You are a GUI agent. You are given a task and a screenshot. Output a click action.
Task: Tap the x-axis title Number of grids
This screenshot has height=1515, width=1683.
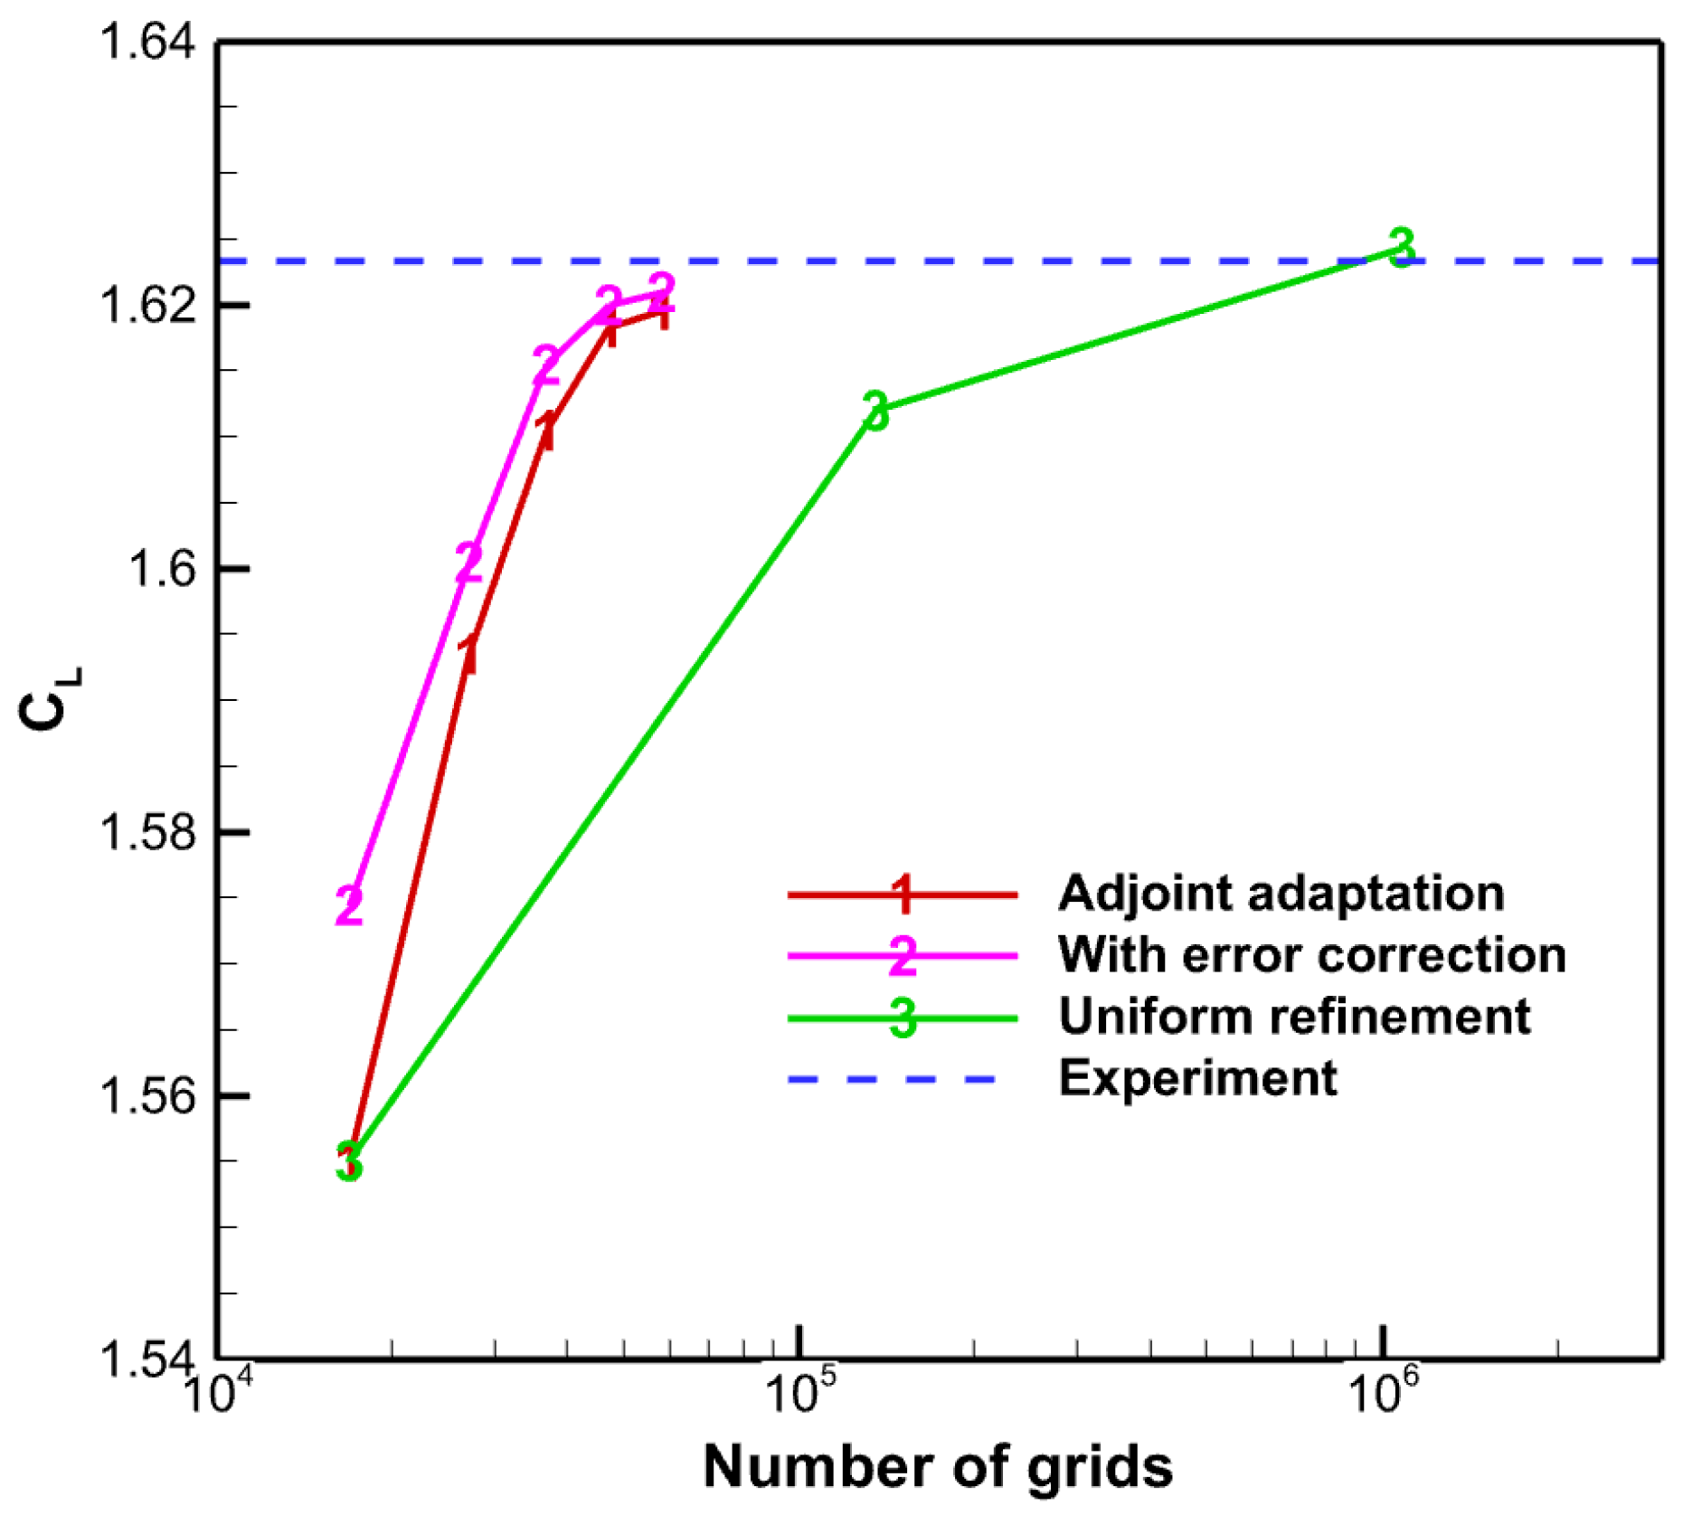938,1466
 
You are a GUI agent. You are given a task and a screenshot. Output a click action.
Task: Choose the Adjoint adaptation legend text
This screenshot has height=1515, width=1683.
1281,894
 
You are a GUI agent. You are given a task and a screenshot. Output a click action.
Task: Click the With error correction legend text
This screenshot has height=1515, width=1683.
1312,955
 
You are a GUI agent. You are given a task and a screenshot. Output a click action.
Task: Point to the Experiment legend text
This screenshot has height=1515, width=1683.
1198,1078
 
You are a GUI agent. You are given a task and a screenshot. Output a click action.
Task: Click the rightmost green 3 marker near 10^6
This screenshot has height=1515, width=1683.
1401,246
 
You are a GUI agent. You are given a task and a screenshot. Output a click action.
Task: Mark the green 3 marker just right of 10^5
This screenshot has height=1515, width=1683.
875,412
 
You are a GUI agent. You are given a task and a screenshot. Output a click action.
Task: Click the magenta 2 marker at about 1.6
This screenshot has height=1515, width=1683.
468,563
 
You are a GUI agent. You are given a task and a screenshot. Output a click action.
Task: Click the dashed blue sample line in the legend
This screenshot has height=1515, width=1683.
891,1079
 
